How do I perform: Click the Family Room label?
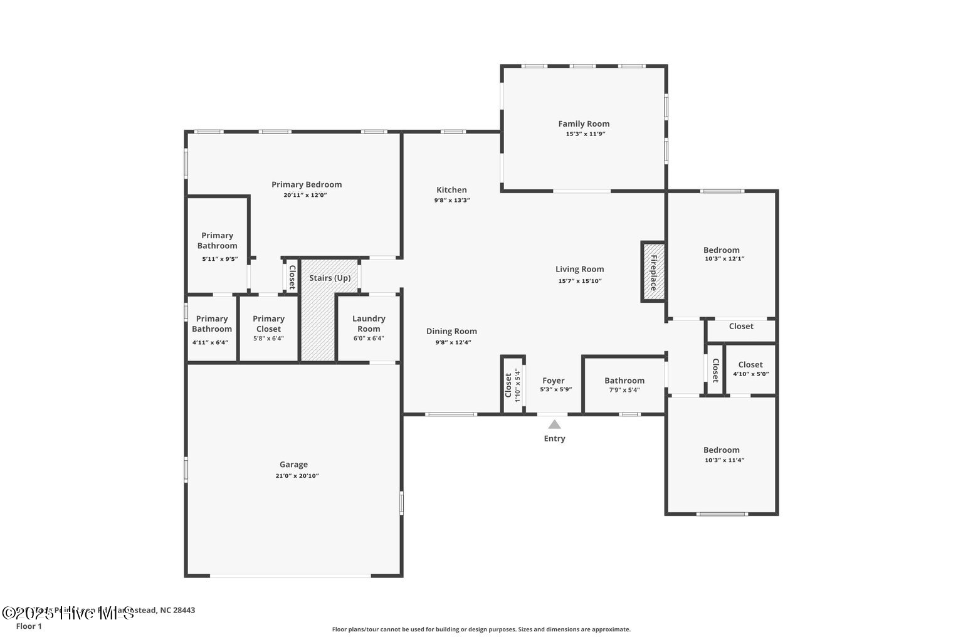584,124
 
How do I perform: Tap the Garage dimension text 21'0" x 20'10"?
293,476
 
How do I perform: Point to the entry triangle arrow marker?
554,424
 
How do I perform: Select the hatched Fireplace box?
653,271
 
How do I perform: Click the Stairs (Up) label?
330,278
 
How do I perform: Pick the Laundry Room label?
369,324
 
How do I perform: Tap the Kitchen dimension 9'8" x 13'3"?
451,201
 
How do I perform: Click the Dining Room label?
451,331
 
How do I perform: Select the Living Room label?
579,269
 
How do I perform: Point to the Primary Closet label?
268,324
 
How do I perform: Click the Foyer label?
553,381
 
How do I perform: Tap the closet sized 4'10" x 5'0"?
750,369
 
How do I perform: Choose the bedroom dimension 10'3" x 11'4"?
721,460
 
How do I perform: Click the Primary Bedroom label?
307,184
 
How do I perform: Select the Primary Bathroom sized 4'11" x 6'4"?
211,329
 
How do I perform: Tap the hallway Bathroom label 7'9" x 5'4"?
624,381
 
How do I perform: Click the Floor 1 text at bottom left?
29,626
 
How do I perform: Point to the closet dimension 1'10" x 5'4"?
517,385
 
